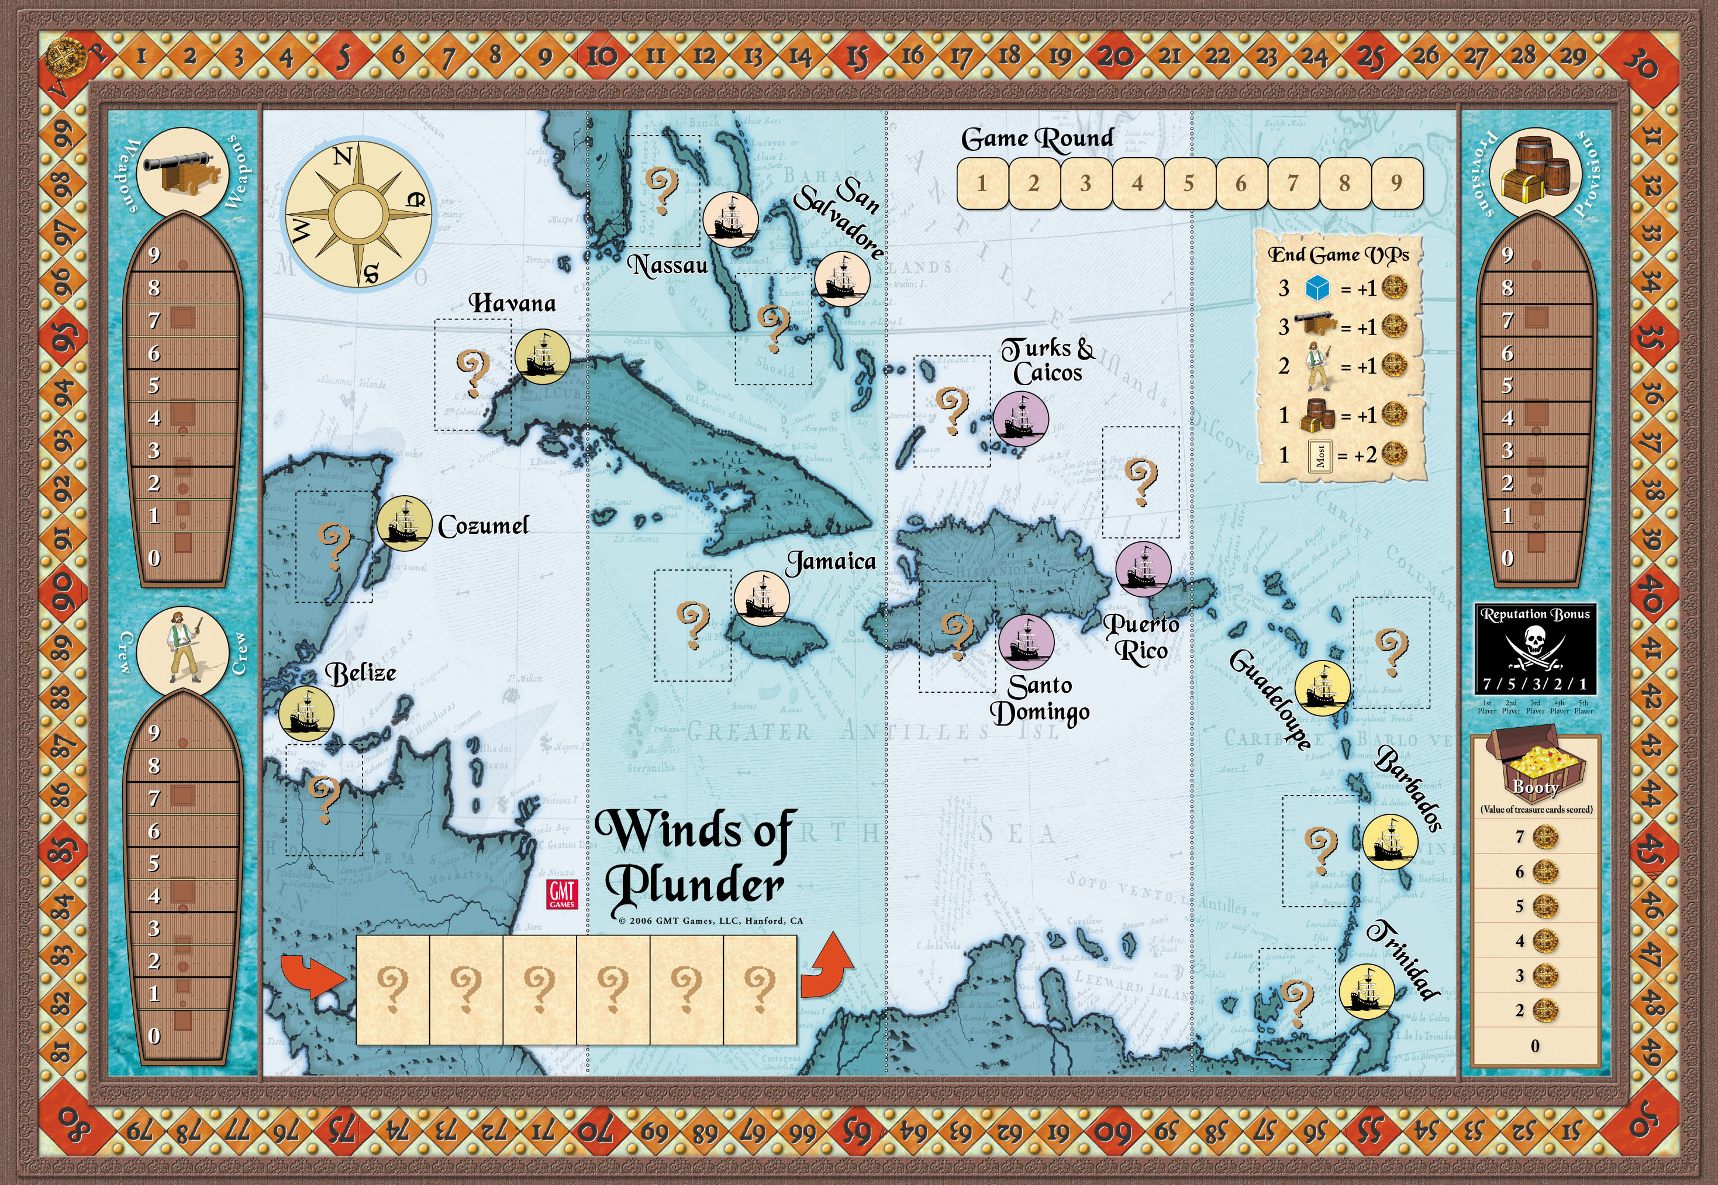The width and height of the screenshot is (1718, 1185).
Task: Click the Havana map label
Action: pos(512,303)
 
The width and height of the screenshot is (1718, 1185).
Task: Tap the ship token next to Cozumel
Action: pos(404,523)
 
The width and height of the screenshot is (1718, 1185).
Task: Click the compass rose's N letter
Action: pos(342,157)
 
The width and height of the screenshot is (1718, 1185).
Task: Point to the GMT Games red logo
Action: pos(562,894)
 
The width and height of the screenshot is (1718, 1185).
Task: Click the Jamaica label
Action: pos(831,561)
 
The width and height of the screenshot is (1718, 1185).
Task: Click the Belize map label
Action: pos(361,673)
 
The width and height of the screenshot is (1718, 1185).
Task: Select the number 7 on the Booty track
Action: pos(1519,837)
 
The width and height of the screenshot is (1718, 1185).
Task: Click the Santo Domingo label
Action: pos(1040,699)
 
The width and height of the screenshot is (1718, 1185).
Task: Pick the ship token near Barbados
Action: pos(1390,842)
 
